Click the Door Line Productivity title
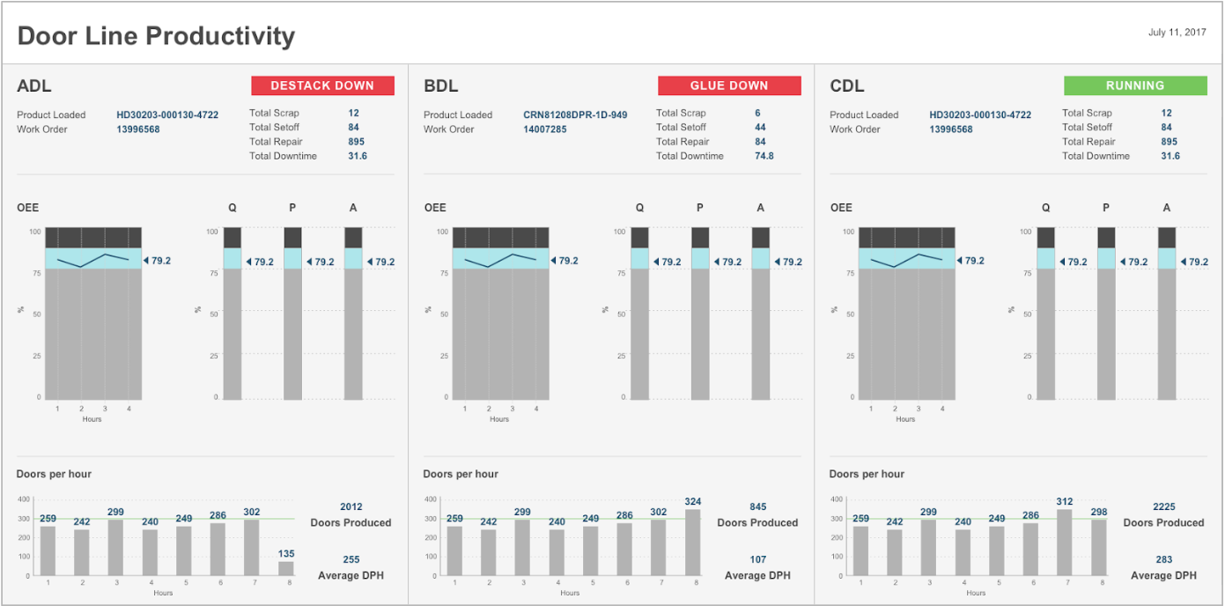click(x=156, y=36)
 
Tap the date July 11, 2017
click(x=1177, y=33)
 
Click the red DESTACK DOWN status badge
click(x=322, y=85)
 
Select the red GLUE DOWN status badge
click(x=729, y=85)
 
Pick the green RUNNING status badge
click(x=1135, y=85)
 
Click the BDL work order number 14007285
click(x=545, y=129)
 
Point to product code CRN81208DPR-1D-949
click(x=575, y=115)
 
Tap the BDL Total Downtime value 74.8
click(x=764, y=156)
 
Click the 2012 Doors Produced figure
click(x=351, y=506)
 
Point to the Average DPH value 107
click(x=757, y=559)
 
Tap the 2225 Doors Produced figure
click(x=1164, y=506)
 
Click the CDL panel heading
click(x=847, y=86)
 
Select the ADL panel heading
click(x=34, y=86)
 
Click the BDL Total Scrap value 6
click(x=757, y=113)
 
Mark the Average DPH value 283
click(x=1164, y=559)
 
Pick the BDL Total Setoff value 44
click(x=760, y=127)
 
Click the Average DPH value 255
click(x=351, y=559)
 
